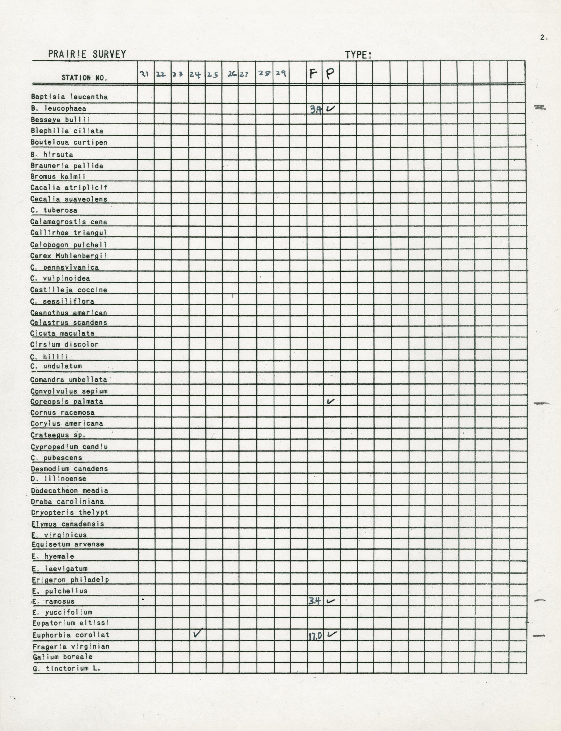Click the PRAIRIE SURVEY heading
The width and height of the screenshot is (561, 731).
point(87,54)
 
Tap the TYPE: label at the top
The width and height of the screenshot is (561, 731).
point(358,55)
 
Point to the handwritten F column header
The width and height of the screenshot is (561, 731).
point(313,73)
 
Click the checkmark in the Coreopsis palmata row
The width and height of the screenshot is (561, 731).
point(331,401)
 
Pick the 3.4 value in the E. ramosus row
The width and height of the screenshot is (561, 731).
point(314,601)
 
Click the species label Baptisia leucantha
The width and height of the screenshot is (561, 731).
point(70,97)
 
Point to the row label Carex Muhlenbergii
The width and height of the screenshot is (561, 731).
point(68,256)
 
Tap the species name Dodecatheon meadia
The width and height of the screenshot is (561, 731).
point(70,491)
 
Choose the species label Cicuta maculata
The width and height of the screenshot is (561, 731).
point(62,333)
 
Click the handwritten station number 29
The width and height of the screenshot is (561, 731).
point(280,73)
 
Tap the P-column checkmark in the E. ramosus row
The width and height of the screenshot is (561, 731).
point(331,601)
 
